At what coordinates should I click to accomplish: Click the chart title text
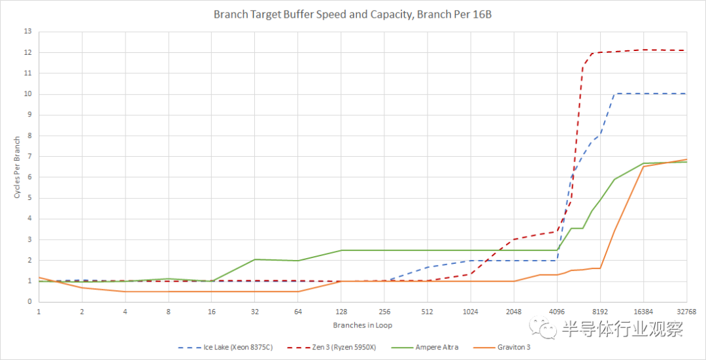pyautogui.click(x=352, y=14)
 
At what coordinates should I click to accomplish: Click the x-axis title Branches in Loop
pyautogui.click(x=362, y=325)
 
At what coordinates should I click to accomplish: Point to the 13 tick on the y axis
pyautogui.click(x=27, y=31)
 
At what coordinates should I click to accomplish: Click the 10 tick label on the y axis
pyautogui.click(x=27, y=94)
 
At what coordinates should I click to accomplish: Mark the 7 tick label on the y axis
pyautogui.click(x=29, y=156)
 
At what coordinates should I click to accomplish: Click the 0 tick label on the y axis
pyautogui.click(x=29, y=302)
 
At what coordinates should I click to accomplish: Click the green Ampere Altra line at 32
pyautogui.click(x=255, y=259)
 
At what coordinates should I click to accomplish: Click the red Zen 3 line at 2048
pyautogui.click(x=514, y=239)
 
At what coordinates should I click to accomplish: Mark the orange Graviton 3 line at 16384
pyautogui.click(x=643, y=166)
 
